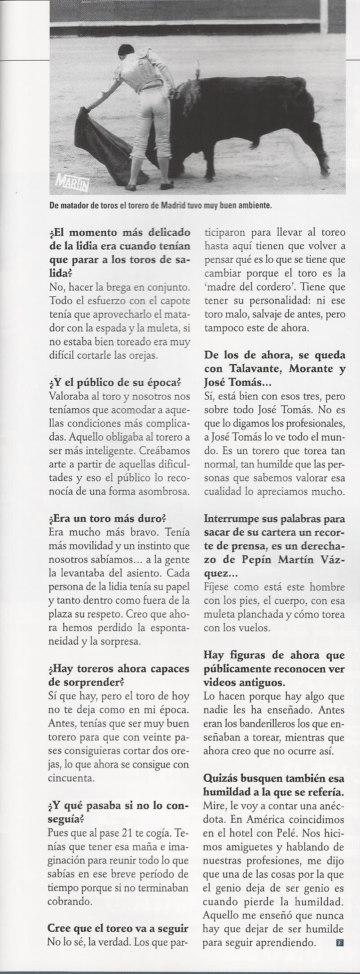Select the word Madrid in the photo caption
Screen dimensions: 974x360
(173, 207)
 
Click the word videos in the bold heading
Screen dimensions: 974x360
(220, 683)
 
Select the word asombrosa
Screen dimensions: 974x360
(163, 491)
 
